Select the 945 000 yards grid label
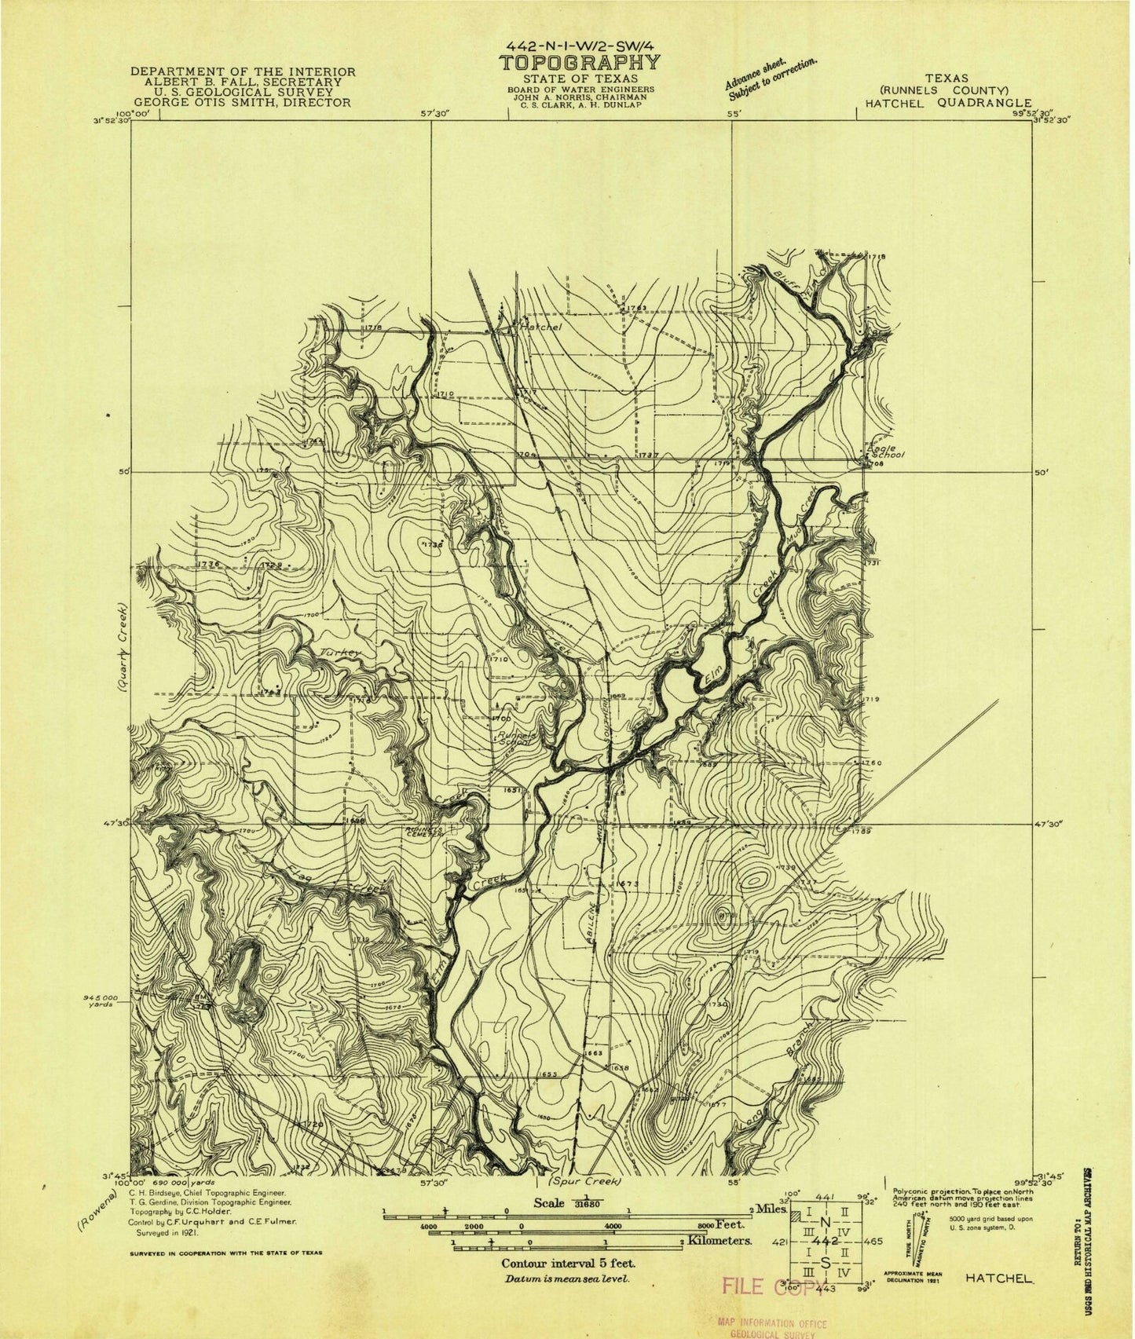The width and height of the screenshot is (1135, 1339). point(100,1000)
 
